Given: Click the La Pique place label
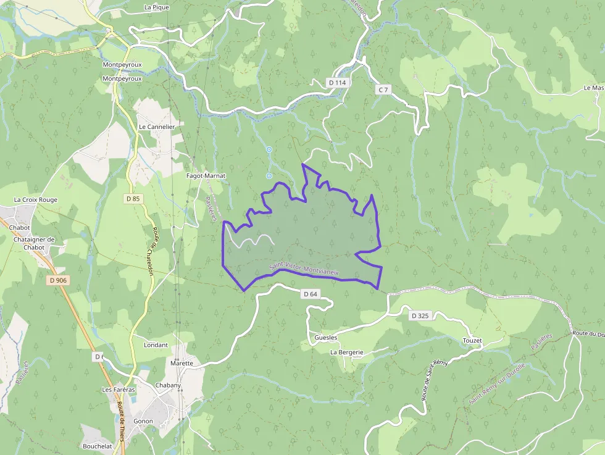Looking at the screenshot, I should (156, 7).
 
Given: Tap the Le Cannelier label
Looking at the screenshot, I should (157, 127).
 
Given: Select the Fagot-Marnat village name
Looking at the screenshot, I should (206, 176).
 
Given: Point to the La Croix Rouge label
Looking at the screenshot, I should (36, 200).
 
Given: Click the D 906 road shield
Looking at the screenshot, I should (57, 280).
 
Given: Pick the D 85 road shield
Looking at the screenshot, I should (133, 199).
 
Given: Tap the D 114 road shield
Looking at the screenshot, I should (337, 83).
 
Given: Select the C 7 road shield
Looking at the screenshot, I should (383, 90).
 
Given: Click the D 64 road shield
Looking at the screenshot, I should (311, 294).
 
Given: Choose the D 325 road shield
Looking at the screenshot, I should (419, 316).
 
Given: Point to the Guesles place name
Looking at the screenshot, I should (326, 338).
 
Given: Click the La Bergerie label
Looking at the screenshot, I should (346, 352).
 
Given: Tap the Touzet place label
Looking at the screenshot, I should (472, 341).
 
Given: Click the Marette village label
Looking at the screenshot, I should (181, 363).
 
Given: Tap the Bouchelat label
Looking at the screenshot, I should (98, 446).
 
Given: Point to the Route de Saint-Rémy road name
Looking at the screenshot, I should (435, 379).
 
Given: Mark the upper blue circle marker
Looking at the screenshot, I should (269, 149).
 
